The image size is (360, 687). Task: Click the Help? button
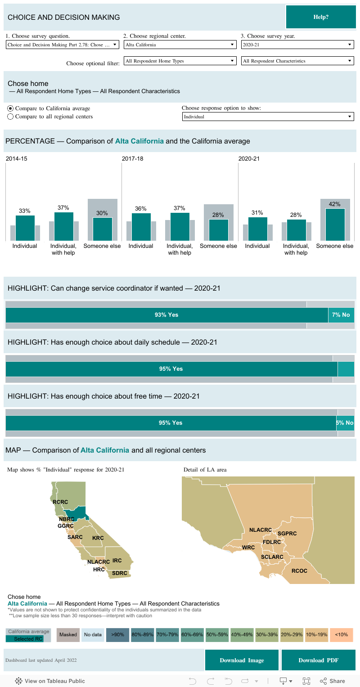[x=320, y=17]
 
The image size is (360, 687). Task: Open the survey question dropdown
[x=63, y=45]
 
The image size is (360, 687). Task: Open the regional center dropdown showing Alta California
[x=180, y=45]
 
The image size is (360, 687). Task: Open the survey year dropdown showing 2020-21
[x=297, y=45]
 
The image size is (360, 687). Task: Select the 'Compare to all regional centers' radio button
[x=10, y=117]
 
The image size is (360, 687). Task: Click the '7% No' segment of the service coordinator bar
[x=341, y=315]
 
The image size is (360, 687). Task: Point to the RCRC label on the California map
[x=60, y=502]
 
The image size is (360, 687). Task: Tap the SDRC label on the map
[x=120, y=573]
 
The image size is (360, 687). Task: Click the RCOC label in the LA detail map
[x=299, y=571]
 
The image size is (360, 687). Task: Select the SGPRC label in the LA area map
[x=287, y=534]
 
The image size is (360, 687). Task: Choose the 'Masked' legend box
[x=68, y=634]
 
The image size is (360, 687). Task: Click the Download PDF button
[x=318, y=660]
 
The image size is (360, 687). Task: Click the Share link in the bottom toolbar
[x=333, y=681]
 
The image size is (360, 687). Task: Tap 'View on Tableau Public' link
[x=50, y=681]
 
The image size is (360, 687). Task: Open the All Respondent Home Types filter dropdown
[x=180, y=61]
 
